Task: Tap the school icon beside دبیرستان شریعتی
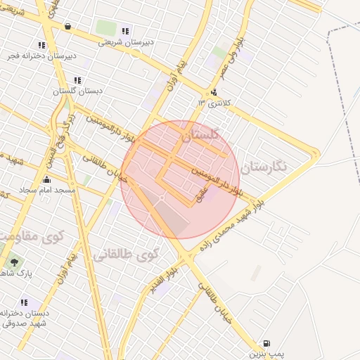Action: tap(125, 31)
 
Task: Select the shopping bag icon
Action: tap(67, 27)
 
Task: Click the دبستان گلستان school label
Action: tap(77, 91)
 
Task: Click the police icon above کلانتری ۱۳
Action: tap(213, 92)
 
